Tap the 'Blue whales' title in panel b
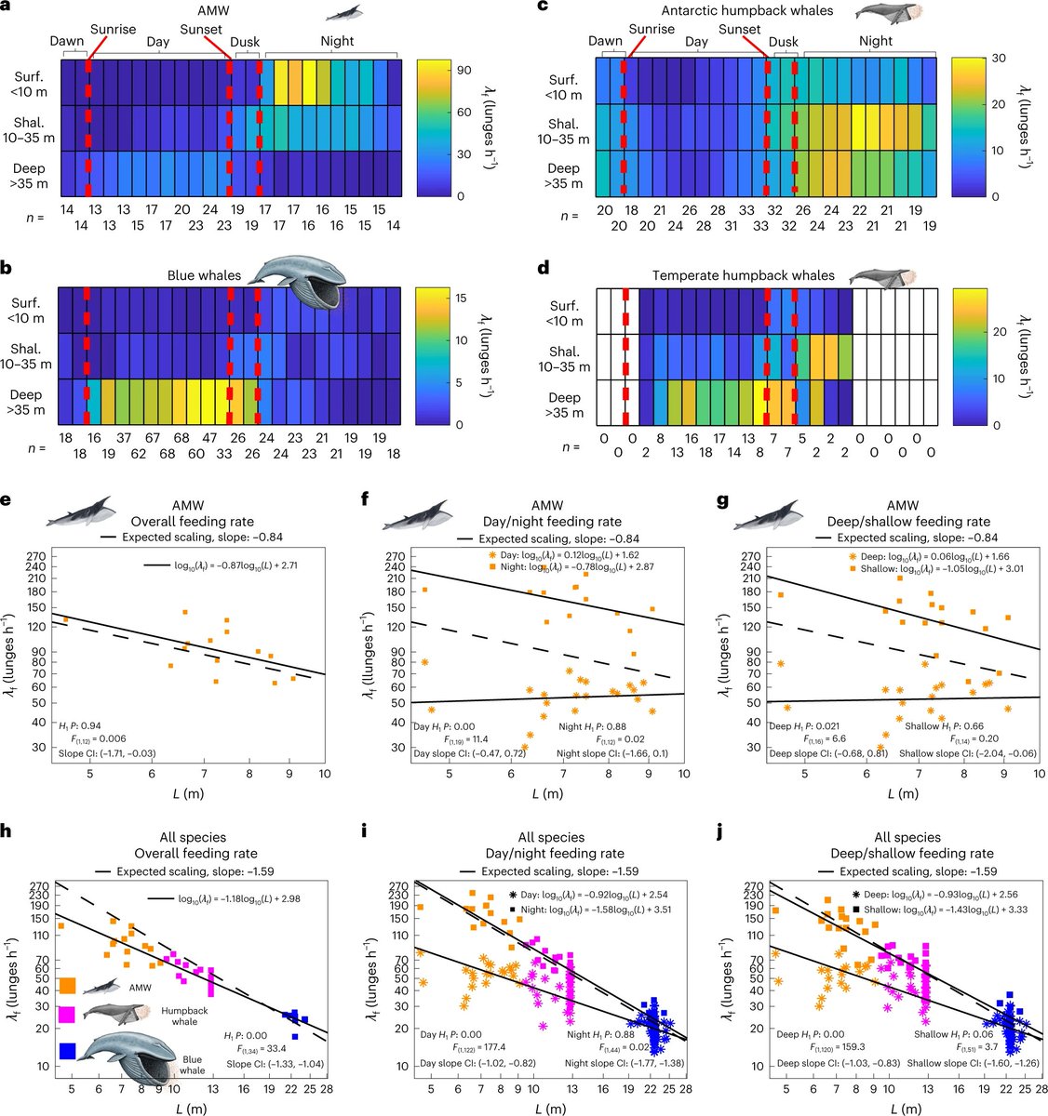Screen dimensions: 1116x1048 point(205,275)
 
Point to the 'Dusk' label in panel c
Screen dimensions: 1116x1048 point(784,42)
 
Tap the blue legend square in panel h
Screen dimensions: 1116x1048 point(67,1050)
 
